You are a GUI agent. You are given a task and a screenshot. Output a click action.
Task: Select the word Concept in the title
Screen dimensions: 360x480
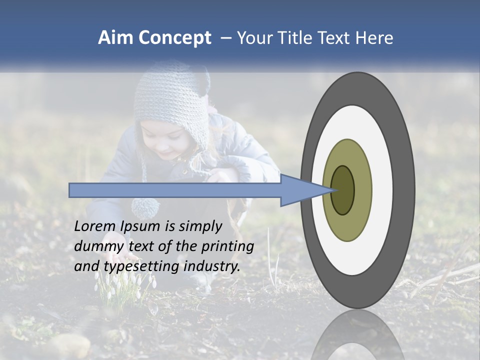174,38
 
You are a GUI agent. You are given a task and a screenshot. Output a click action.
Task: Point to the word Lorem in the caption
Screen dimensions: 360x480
95,226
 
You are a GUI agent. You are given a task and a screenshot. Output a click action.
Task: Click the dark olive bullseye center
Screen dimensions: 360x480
342,190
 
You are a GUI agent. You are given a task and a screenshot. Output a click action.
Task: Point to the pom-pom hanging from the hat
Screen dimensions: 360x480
145,207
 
